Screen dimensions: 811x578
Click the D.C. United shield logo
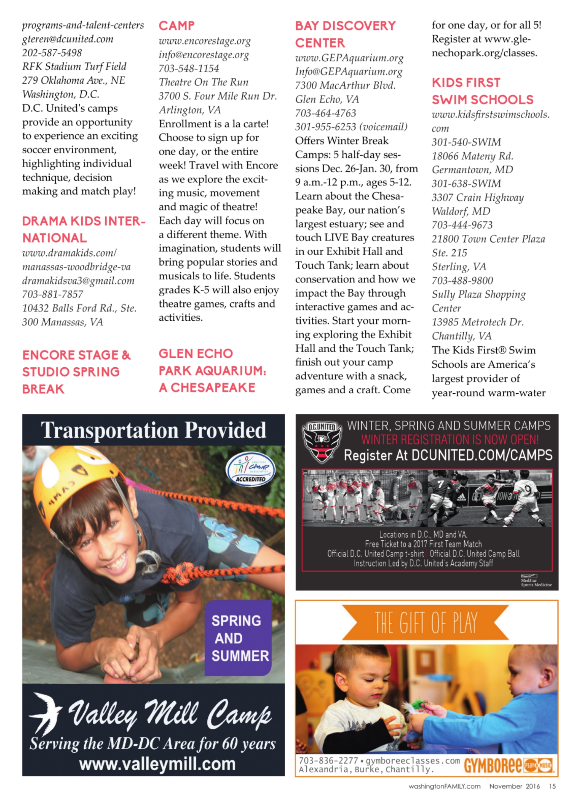tap(321, 442)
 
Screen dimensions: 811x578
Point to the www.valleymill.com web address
tap(157, 764)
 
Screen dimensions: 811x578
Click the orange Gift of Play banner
tap(426, 623)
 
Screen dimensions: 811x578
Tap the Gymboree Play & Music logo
tap(509, 765)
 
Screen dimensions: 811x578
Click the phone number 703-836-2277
tap(328, 760)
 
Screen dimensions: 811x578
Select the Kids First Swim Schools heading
tap(482, 91)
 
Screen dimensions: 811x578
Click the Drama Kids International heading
tap(84, 229)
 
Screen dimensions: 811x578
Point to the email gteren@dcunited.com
tap(68, 39)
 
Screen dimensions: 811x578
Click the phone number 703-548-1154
tap(189, 68)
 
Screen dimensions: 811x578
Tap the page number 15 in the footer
tap(552, 786)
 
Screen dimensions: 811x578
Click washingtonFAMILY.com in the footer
tap(444, 786)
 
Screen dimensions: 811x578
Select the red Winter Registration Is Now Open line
tap(450, 440)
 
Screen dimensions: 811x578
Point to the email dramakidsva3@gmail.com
tap(78, 281)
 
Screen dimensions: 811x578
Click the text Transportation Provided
tap(153, 430)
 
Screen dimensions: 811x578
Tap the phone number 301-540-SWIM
tap(466, 142)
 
